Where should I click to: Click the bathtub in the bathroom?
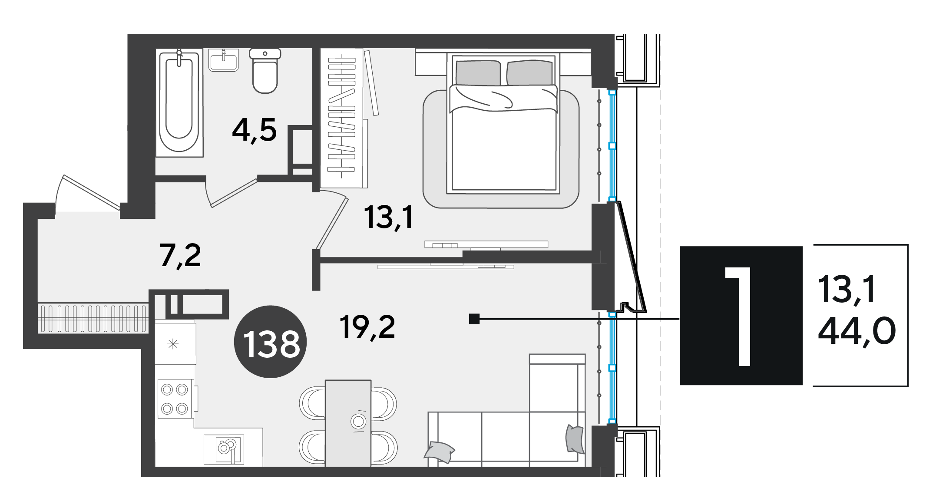(x=179, y=102)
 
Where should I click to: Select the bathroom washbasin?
(x=223, y=60)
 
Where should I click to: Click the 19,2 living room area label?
(x=368, y=327)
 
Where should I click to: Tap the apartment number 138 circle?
(x=271, y=342)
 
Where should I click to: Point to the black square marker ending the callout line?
(x=474, y=320)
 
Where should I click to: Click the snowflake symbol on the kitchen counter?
(x=173, y=345)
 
